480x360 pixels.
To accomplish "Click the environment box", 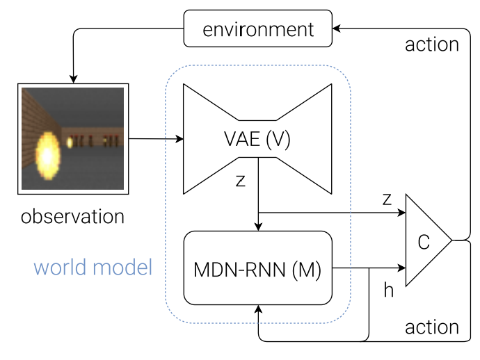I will [x=258, y=30].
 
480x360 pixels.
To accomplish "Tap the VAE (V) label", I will [x=257, y=140].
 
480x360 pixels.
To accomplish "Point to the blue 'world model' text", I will [x=93, y=267].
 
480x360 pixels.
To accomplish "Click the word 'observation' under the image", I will [x=72, y=216].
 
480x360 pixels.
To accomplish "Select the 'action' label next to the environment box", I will [x=431, y=45].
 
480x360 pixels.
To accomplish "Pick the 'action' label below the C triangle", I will [x=431, y=326].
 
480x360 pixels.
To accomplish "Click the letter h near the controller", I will [x=388, y=290].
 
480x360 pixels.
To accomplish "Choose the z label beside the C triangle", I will [x=387, y=198].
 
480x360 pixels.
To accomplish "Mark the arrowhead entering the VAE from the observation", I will [x=179, y=140].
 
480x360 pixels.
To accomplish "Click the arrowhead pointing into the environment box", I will [x=337, y=29].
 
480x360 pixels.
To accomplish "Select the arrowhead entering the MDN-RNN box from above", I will [x=259, y=226].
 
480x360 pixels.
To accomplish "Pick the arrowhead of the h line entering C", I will [x=401, y=266].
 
